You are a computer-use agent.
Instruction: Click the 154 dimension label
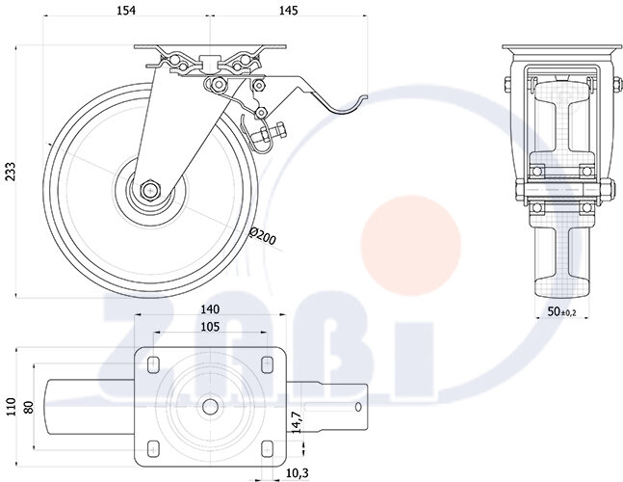coord(125,10)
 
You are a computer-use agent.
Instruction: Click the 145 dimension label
coord(288,10)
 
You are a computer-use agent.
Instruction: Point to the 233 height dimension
coord(10,172)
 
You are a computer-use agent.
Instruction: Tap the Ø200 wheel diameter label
coord(263,236)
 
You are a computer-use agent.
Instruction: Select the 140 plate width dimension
coord(210,309)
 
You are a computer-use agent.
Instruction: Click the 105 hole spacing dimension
coord(210,327)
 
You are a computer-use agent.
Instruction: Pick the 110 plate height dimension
coord(12,407)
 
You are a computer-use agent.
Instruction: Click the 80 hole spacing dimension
coord(30,407)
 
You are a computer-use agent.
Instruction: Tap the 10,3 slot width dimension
coord(298,473)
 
